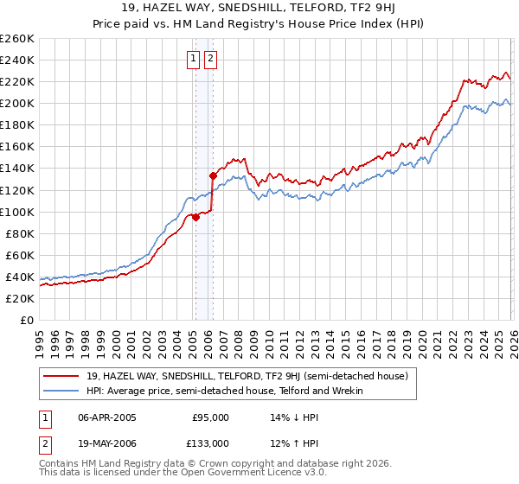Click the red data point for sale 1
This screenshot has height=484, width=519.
195,218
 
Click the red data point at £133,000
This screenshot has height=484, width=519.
213,175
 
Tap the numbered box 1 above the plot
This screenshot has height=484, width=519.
193,59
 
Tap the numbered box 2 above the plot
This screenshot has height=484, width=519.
210,59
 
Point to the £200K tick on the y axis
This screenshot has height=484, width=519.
16,103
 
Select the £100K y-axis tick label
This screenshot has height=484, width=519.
16,212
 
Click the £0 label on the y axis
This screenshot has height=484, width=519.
26,320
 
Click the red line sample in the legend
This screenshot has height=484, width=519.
61,375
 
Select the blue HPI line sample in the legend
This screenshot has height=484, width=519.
61,391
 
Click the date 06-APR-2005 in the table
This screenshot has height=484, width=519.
107,417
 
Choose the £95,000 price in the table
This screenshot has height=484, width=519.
210,417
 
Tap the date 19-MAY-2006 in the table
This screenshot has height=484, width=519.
107,443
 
